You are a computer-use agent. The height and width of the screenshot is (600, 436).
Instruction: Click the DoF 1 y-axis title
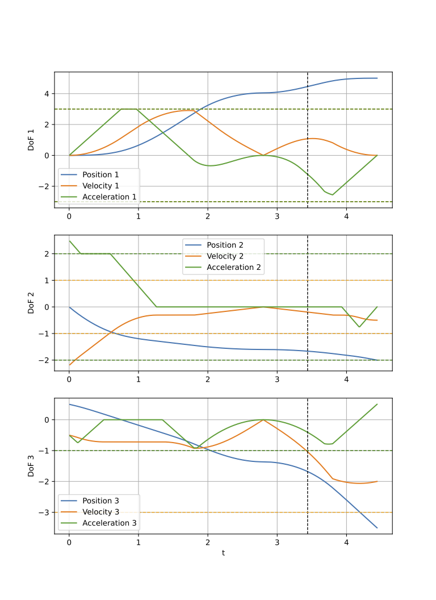[32, 140]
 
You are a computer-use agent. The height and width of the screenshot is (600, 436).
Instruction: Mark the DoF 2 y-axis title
[32, 303]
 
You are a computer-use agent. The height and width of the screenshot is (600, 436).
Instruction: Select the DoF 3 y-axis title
[32, 465]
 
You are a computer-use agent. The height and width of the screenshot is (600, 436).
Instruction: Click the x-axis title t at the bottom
[223, 552]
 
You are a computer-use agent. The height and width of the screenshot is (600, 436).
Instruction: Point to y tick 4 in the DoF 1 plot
[47, 94]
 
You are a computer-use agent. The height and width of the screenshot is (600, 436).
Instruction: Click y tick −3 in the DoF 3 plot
[45, 512]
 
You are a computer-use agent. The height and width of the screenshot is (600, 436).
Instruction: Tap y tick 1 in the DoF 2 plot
[47, 280]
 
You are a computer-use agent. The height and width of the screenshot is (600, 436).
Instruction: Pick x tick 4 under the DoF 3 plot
[346, 542]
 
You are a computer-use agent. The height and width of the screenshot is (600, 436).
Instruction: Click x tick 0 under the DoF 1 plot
[69, 216]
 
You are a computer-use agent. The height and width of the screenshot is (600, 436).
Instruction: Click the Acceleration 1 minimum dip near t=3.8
[333, 195]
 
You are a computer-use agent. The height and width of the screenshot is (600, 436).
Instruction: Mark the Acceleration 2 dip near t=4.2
[359, 327]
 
